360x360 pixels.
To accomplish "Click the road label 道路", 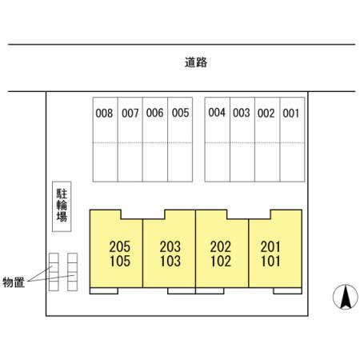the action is pyautogui.click(x=196, y=62).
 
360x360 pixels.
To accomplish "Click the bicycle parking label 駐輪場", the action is pyautogui.click(x=62, y=205).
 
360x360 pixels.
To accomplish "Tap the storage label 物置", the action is pyautogui.click(x=14, y=282).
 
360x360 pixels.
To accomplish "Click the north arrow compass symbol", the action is pyautogui.click(x=346, y=297).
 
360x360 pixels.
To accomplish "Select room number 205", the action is pyautogui.click(x=120, y=246).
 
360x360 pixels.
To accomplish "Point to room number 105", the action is pyautogui.click(x=120, y=261).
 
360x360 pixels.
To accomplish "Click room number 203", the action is pyautogui.click(x=170, y=246).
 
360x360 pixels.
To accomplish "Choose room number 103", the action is pyautogui.click(x=170, y=261).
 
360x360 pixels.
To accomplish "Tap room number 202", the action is pyautogui.click(x=221, y=246).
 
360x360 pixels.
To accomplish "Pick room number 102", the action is pyautogui.click(x=221, y=261).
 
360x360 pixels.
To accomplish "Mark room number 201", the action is pyautogui.click(x=270, y=246).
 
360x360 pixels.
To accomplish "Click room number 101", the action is pyautogui.click(x=270, y=261).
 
